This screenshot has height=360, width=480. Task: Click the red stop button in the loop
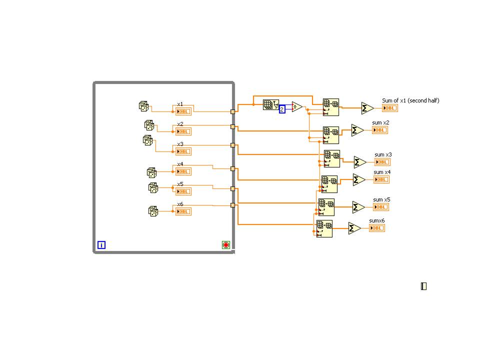(225, 245)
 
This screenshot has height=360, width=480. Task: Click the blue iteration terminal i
(101, 245)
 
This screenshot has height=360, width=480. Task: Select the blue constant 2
(282, 109)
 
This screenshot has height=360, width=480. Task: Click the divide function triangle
(297, 106)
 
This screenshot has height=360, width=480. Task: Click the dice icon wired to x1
(143, 106)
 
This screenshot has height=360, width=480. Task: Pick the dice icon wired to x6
(153, 211)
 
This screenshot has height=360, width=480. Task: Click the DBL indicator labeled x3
(183, 151)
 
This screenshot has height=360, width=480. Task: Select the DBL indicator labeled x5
(183, 191)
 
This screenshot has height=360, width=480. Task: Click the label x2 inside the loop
(180, 124)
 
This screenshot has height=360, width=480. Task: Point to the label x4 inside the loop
(180, 164)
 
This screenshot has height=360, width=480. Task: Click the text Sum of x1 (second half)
(410, 100)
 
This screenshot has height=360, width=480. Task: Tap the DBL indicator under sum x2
(379, 130)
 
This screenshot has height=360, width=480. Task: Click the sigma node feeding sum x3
(360, 162)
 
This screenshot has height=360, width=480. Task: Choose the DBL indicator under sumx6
(377, 228)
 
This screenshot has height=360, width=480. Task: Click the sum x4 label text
(382, 172)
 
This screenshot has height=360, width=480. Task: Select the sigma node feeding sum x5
(358, 207)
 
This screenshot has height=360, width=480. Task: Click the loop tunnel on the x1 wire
(232, 112)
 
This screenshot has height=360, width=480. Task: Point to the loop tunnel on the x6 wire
(232, 205)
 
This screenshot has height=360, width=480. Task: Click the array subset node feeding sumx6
(324, 228)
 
